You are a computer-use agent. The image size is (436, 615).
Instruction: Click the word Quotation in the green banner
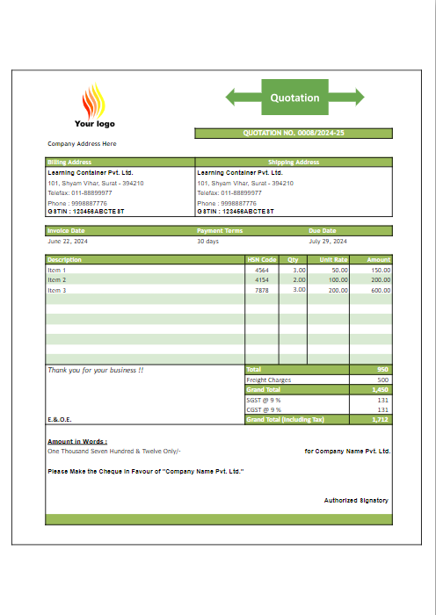tap(294, 98)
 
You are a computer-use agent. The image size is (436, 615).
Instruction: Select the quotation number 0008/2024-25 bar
tap(293, 134)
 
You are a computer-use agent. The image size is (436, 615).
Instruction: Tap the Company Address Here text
tap(82, 143)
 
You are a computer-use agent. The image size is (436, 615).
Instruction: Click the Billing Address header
tap(69, 162)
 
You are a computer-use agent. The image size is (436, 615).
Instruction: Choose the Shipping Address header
tap(294, 162)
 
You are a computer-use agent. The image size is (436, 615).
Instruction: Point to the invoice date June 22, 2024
tap(68, 241)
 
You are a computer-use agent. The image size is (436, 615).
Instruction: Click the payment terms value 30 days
tap(207, 241)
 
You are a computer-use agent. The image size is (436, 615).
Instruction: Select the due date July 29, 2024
tap(328, 241)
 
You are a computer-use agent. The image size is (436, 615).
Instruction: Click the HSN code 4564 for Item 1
tap(262, 270)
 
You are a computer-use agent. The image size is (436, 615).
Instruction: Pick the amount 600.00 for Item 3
tap(381, 290)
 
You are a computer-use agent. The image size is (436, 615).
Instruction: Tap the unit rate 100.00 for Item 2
tap(338, 279)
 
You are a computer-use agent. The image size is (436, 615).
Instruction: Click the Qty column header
tap(293, 260)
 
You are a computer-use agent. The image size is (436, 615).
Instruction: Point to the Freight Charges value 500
tap(383, 380)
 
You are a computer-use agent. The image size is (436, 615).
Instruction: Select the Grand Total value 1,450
tap(381, 389)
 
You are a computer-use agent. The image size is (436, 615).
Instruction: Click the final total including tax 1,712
tap(381, 419)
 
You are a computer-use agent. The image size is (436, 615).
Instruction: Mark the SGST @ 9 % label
tap(263, 400)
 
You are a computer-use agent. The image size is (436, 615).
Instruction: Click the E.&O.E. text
tap(60, 419)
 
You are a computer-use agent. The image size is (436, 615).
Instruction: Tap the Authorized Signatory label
tap(356, 500)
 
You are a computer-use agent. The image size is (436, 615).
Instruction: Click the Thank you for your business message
tap(96, 371)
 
